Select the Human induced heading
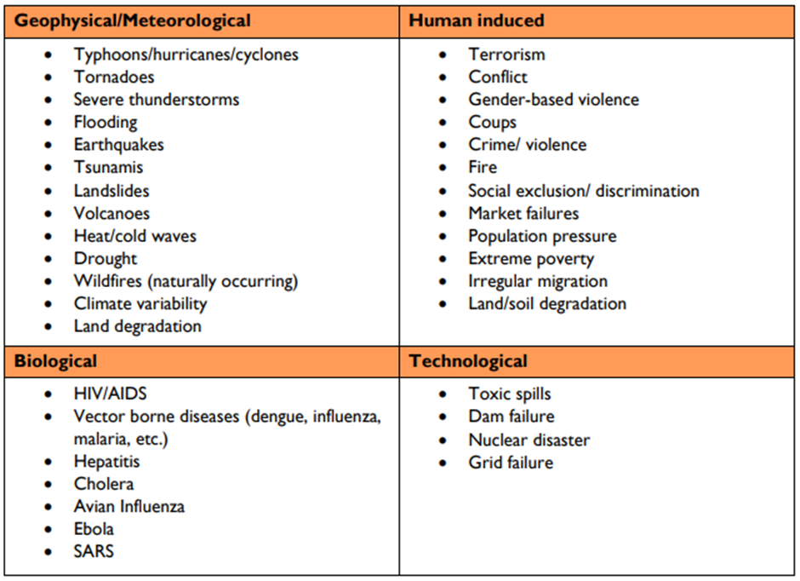pos(477,20)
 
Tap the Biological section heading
pos(55,361)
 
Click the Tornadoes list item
pos(114,77)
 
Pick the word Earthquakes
pos(118,145)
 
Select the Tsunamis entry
pos(108,168)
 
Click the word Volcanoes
pos(111,213)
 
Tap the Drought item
pos(105,258)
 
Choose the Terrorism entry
pos(506,55)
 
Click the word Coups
pos(492,122)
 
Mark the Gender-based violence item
pos(553,100)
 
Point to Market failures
pos(523,213)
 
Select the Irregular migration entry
pos(538,281)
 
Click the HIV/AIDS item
pos(110,394)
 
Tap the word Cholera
pos(104,484)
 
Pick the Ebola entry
pos(94,529)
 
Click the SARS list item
pos(94,551)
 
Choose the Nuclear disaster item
pos(529,440)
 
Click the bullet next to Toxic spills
pos(443,394)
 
